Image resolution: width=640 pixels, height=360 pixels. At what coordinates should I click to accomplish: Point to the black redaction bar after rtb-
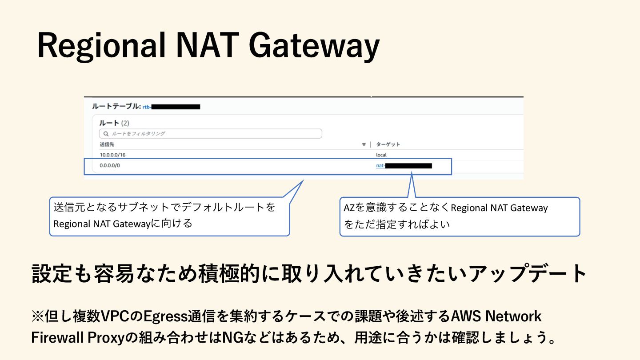[176, 107]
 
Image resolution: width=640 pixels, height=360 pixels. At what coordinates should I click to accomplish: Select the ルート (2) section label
[114, 123]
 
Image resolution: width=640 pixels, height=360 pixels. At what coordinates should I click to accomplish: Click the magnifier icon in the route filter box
[106, 133]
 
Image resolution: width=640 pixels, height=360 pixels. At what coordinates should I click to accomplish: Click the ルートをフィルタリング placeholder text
[138, 133]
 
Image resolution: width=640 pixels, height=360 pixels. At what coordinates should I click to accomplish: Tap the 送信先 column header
[106, 144]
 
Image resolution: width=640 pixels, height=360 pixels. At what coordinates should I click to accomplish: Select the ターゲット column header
[388, 144]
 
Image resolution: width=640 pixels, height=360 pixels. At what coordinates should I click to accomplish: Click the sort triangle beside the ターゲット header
[364, 144]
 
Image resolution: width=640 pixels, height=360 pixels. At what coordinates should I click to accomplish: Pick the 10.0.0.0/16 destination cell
[113, 155]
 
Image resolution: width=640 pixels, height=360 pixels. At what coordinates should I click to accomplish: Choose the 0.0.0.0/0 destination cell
[110, 166]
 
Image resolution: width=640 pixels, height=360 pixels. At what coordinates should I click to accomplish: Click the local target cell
[381, 155]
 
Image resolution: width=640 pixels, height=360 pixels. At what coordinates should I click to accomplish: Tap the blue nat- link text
[380, 166]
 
